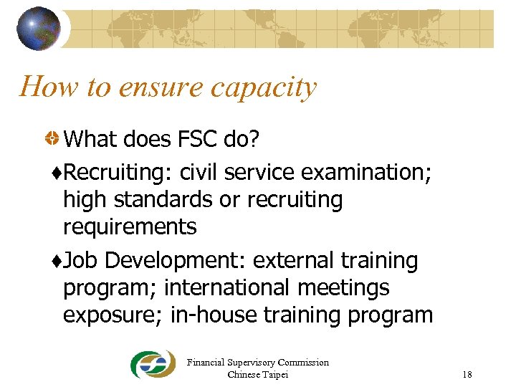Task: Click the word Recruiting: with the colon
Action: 118,173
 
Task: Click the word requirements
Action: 130,227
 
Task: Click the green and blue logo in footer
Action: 152,364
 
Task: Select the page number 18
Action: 467,375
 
